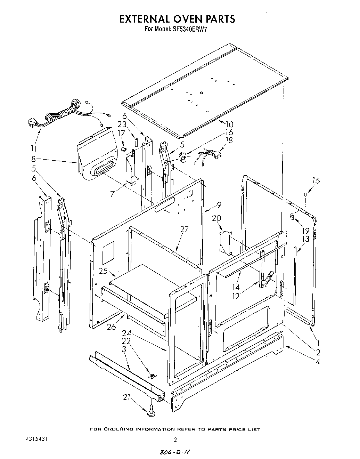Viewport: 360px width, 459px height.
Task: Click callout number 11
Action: coord(33,148)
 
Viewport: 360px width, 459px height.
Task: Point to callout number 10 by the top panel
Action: coord(229,124)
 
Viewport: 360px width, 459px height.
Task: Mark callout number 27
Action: coord(184,229)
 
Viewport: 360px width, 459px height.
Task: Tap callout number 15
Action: coord(316,180)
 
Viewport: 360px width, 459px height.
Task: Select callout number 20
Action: coord(216,218)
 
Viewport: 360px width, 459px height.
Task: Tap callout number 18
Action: coord(229,140)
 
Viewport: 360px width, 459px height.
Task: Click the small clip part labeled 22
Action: coord(152,376)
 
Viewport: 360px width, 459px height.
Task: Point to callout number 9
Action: coord(219,204)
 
